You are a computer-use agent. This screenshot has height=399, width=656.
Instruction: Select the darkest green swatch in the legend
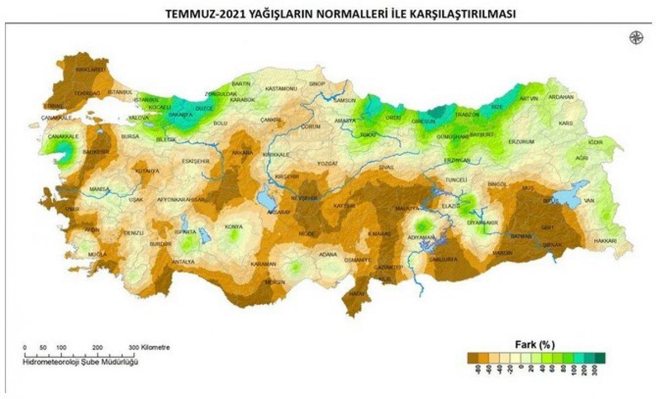tap(601, 357)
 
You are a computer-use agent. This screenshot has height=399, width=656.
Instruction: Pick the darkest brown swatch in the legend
tap(473, 357)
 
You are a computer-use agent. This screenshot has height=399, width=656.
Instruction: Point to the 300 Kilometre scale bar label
tap(149, 347)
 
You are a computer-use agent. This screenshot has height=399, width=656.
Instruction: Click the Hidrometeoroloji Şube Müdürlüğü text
tap(81, 362)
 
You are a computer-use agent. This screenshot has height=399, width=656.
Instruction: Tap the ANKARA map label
tap(243, 152)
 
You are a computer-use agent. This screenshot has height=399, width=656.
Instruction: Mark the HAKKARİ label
tap(606, 241)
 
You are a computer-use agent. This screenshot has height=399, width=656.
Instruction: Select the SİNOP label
tap(317, 84)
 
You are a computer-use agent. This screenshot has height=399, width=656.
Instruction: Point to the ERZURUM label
tap(520, 142)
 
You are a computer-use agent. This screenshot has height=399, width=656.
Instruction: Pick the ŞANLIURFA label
tap(443, 259)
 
